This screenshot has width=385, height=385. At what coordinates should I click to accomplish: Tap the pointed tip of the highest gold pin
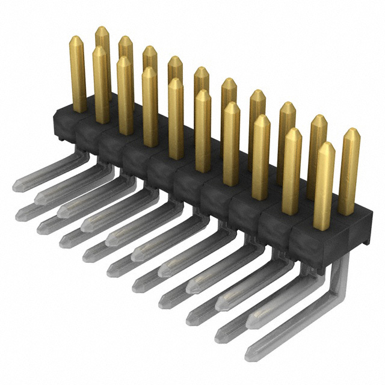point(102,28)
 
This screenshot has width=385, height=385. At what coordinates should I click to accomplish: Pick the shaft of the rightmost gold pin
point(348,174)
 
